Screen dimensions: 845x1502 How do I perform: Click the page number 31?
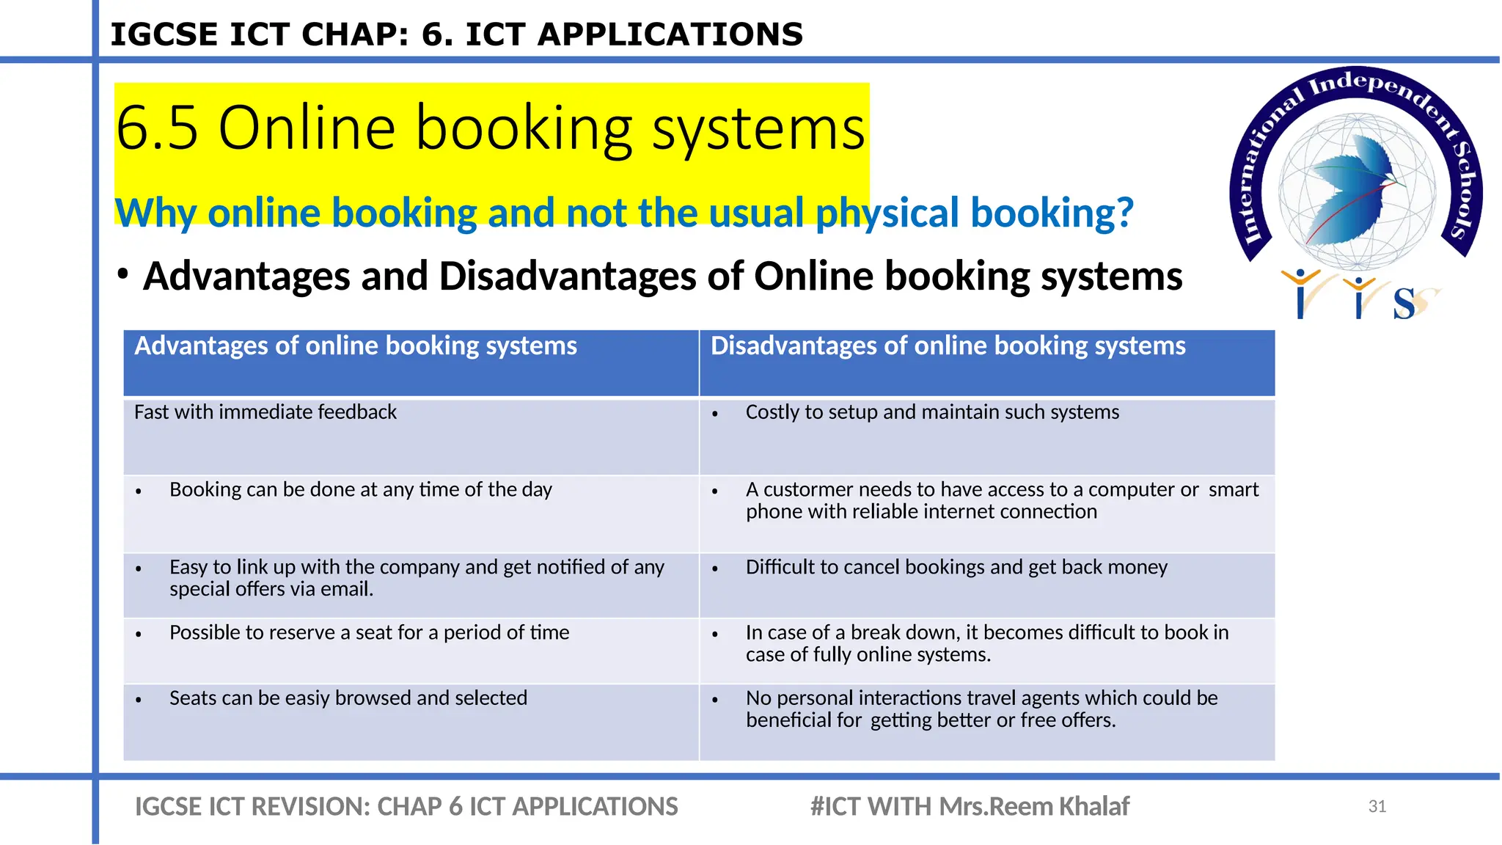(x=1377, y=807)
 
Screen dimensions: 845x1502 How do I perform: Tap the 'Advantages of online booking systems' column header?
(x=356, y=346)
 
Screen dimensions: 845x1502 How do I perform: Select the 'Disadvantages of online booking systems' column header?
(x=948, y=346)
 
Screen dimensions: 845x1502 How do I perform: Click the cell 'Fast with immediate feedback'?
(x=265, y=412)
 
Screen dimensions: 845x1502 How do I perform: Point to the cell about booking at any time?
(x=360, y=490)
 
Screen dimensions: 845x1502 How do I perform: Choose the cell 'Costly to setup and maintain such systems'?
(x=932, y=412)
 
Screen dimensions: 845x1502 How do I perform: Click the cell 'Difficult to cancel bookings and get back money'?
(x=956, y=567)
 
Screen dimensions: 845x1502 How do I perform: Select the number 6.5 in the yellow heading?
(x=157, y=128)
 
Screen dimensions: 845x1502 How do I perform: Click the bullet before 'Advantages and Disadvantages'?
(x=123, y=275)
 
